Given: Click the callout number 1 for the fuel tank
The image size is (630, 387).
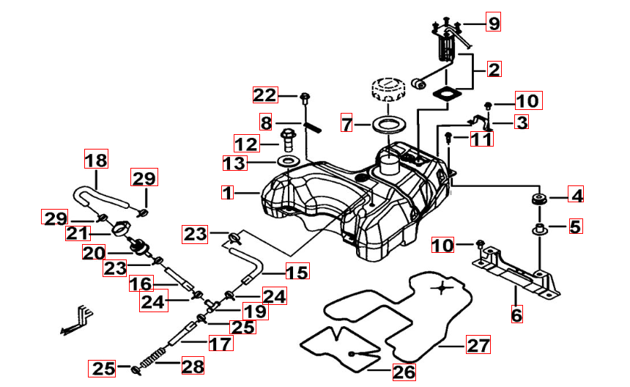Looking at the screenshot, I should (x=227, y=193).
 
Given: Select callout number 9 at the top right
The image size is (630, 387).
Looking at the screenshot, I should (x=494, y=24).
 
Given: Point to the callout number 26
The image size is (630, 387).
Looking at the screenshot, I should (x=404, y=372).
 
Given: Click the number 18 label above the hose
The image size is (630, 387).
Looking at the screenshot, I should (x=95, y=159).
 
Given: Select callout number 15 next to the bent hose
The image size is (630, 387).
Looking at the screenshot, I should (x=297, y=273).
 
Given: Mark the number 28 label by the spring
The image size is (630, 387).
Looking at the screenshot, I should (x=193, y=366).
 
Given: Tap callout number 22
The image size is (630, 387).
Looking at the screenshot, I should (x=265, y=95).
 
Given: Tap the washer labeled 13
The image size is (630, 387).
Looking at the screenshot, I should (x=288, y=161).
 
